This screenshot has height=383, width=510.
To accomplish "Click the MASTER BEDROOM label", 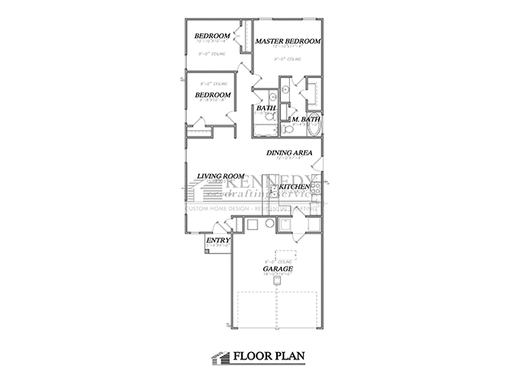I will pyautogui.click(x=287, y=41).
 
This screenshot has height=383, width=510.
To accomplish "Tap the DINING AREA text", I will pyautogui.click(x=290, y=152).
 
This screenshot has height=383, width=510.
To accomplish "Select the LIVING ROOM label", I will pyautogui.click(x=221, y=175).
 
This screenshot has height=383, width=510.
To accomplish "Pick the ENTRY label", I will pyautogui.click(x=217, y=240).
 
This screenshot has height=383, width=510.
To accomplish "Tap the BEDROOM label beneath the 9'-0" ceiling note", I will pyautogui.click(x=213, y=94).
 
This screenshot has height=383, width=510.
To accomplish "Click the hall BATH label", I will pyautogui.click(x=266, y=107).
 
